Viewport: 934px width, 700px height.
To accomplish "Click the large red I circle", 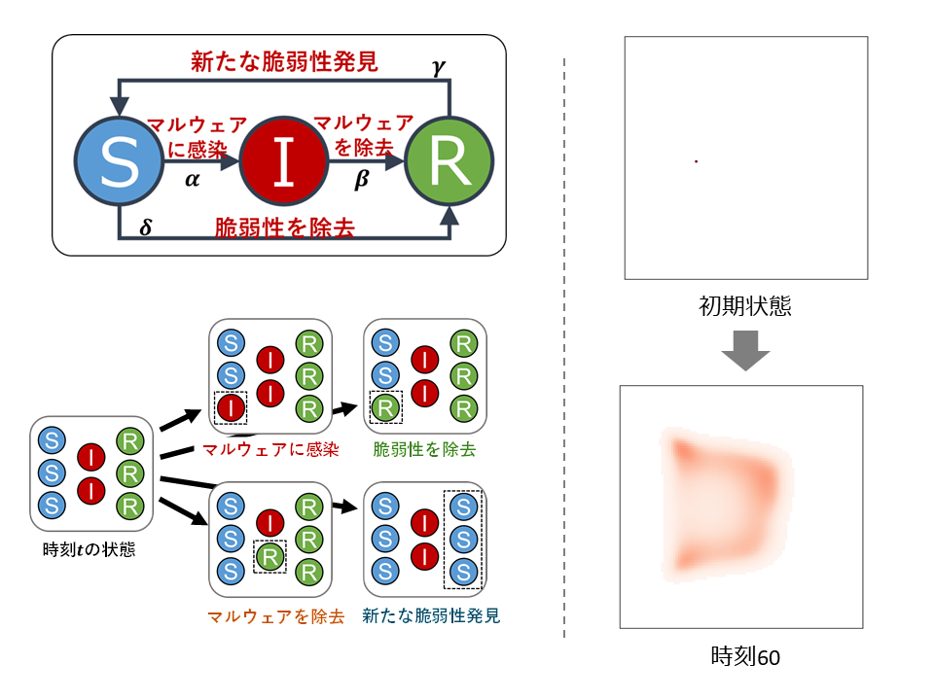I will coord(283,162).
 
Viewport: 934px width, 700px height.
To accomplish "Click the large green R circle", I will coord(449,162).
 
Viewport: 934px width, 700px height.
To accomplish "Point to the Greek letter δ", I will coord(146,227).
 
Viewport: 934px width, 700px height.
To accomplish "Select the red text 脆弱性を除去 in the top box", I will coord(283,229).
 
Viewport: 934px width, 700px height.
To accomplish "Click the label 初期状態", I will coord(745,308).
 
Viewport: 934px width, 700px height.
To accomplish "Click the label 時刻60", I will coord(745,657).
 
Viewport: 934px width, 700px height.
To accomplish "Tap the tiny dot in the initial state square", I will coord(696,160).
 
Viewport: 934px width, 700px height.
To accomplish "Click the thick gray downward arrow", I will coord(745,349).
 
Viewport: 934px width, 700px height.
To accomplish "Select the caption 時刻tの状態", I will coord(90,550).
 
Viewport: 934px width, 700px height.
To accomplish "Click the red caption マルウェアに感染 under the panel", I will coord(269,449).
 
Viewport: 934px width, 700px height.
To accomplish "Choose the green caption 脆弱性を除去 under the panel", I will coord(424,449).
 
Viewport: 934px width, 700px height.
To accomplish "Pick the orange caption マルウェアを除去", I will coord(275,616).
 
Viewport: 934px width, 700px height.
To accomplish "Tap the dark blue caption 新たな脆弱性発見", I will coord(431,616).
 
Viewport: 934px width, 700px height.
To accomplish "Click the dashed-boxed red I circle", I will coord(230,407).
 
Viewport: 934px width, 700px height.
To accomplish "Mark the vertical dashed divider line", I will coord(564,350).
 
